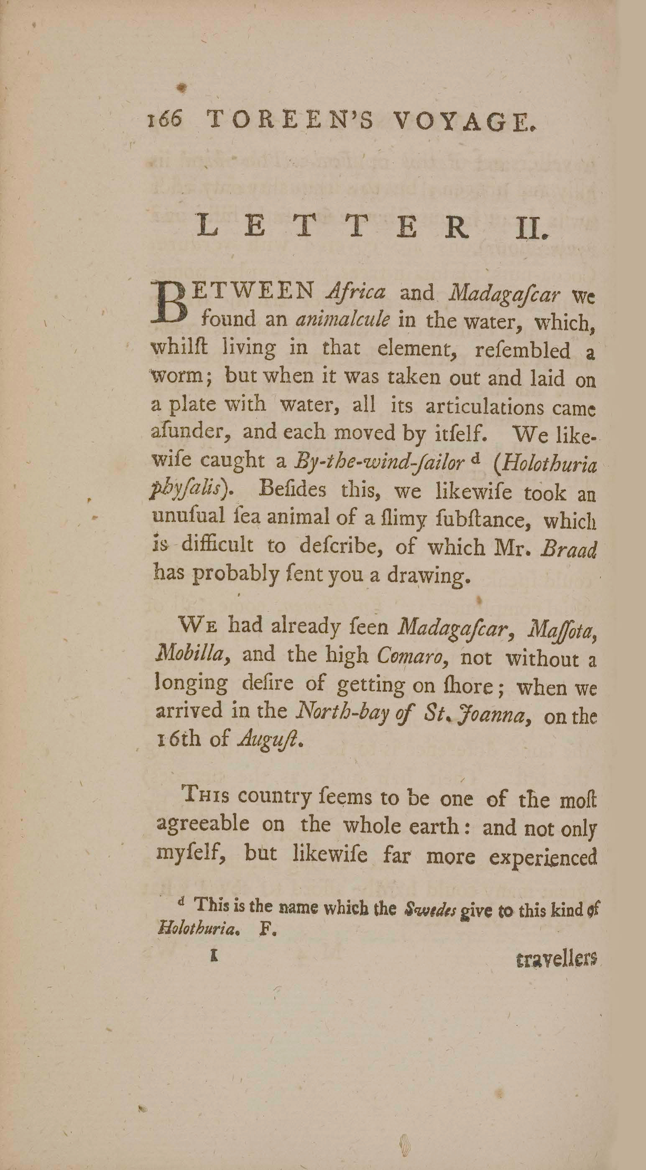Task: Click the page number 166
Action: [x=165, y=120]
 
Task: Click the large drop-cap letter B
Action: [x=171, y=302]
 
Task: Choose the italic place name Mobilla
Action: [x=191, y=654]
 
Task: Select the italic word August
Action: [x=269, y=741]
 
